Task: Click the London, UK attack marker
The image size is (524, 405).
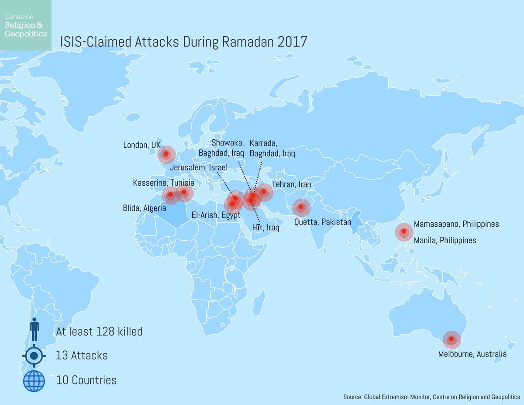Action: click(x=166, y=154)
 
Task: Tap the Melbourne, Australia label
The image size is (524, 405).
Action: click(x=472, y=354)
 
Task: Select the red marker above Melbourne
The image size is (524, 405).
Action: click(x=452, y=339)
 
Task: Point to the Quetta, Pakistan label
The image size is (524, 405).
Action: click(x=323, y=222)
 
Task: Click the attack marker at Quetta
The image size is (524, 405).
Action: click(x=300, y=207)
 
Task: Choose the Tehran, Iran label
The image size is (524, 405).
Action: click(x=291, y=184)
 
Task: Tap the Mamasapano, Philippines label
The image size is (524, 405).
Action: click(x=456, y=224)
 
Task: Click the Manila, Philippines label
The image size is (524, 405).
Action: click(x=445, y=240)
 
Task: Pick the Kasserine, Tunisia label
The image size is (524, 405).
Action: click(x=163, y=183)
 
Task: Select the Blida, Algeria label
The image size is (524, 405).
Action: click(x=145, y=208)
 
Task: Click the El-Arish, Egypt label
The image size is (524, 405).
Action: click(x=216, y=215)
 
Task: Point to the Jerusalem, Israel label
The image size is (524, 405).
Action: click(x=199, y=168)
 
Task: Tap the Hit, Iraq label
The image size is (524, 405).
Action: click(x=265, y=228)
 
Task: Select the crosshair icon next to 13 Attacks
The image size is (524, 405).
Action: click(x=34, y=355)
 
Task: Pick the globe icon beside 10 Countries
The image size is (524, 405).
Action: click(x=34, y=380)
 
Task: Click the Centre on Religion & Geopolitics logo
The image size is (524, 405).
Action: click(x=25, y=25)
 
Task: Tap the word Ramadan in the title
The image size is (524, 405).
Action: click(x=243, y=42)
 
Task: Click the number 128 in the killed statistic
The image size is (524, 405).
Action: click(x=103, y=332)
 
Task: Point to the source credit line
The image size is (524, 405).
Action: click(x=431, y=397)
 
